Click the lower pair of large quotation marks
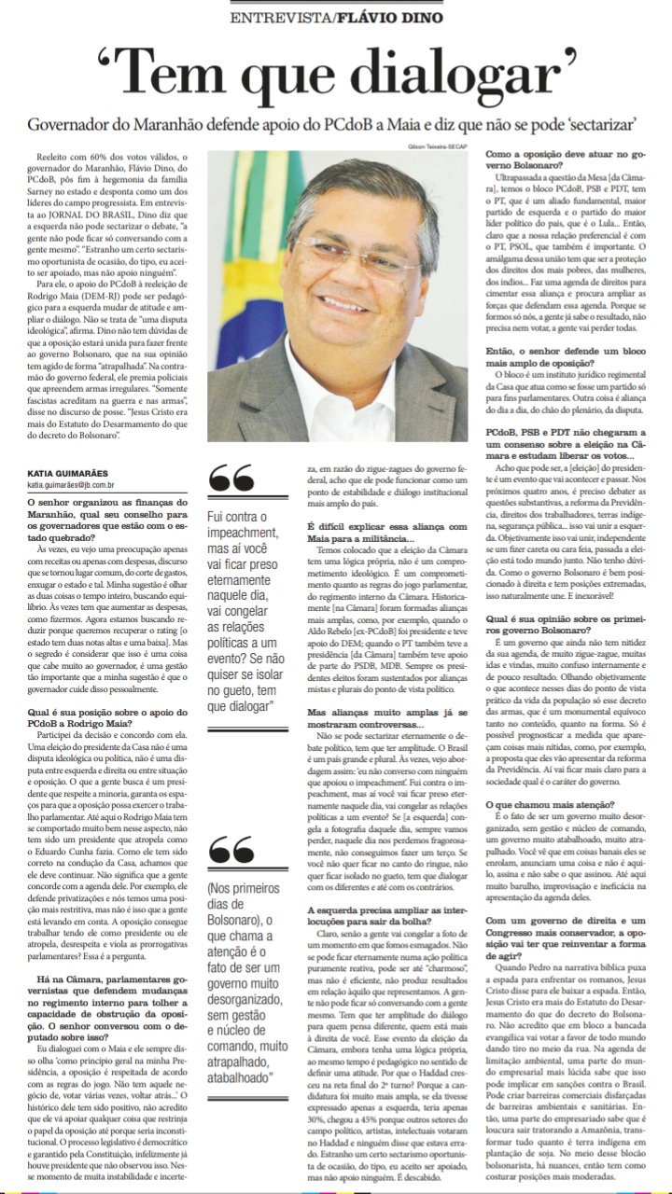pyautogui.click(x=231, y=850)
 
